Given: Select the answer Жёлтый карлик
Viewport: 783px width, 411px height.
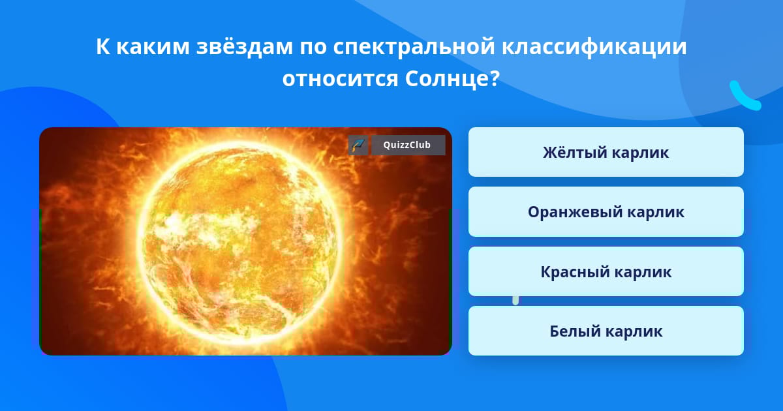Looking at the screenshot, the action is [606, 152].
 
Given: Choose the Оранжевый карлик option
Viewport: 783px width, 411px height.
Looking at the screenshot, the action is [606, 212].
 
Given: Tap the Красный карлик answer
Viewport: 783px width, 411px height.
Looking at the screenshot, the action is [606, 271].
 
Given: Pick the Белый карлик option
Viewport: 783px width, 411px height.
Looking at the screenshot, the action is [606, 331].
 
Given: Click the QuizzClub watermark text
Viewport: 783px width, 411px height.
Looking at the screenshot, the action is [407, 145].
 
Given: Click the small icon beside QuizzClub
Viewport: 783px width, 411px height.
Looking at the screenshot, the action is [358, 145].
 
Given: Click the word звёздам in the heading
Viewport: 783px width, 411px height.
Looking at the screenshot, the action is [244, 46].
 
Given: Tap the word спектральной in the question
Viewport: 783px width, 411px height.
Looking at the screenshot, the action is [414, 47].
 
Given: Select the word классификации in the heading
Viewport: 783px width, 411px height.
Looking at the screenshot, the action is [594, 47].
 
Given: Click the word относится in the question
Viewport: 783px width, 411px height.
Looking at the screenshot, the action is [340, 79].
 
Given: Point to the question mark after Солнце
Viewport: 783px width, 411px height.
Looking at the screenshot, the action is [495, 78].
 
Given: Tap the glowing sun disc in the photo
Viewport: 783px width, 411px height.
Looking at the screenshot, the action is [238, 241].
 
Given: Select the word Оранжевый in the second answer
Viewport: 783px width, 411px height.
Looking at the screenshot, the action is [573, 212].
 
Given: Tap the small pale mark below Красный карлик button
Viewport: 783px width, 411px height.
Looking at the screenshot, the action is [515, 300].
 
